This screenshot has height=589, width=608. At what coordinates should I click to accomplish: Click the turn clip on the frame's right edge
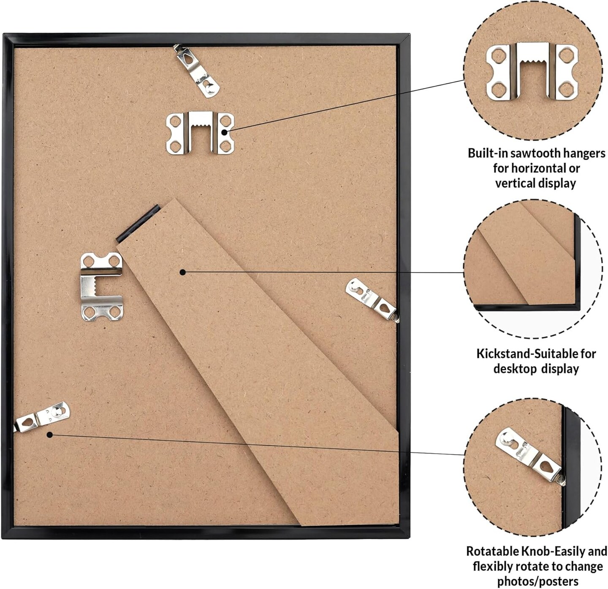point(372,300)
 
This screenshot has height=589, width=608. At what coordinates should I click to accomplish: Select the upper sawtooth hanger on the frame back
point(200,133)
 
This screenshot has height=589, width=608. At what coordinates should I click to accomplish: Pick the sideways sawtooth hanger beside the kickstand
point(101,287)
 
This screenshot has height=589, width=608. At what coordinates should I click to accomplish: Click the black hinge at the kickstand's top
point(138,223)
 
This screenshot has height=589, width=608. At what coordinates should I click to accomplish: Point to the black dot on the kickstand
point(183,272)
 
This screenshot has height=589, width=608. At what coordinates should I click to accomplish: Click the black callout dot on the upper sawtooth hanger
point(224,132)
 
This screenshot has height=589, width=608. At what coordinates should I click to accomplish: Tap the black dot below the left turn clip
point(49,435)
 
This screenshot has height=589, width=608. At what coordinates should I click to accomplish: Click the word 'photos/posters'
point(538,581)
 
